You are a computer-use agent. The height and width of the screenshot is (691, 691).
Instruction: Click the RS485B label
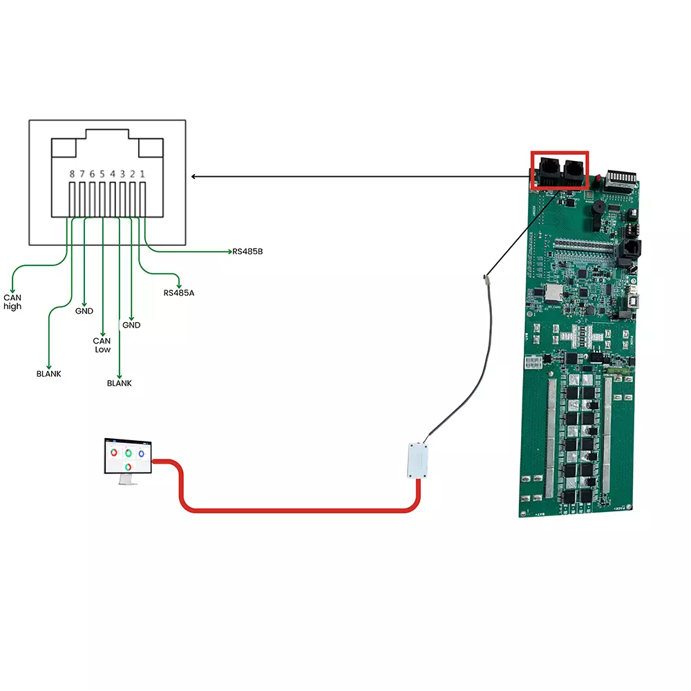(x=248, y=252)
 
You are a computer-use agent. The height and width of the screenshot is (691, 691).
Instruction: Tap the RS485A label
(x=179, y=293)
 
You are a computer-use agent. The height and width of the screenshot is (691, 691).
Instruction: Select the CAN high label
(x=12, y=302)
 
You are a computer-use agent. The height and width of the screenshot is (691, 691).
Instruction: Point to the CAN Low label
(x=102, y=345)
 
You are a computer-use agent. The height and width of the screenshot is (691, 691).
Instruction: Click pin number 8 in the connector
(x=72, y=175)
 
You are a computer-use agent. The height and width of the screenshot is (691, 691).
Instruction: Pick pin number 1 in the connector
(x=142, y=175)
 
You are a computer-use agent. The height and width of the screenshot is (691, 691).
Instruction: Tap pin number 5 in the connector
(x=102, y=175)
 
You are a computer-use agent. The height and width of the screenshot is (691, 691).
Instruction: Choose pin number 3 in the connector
(x=122, y=175)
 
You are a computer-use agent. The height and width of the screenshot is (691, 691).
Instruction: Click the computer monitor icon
(x=127, y=460)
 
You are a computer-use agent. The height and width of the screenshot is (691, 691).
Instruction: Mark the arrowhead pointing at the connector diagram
(x=194, y=177)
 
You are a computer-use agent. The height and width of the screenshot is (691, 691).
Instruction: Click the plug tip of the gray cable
(x=486, y=278)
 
